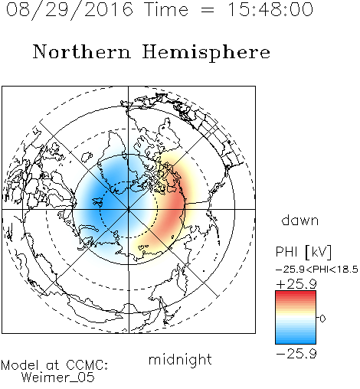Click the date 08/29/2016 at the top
coord(70,10)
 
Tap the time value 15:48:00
coord(270,9)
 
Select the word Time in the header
coord(166,9)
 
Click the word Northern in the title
coord(82,52)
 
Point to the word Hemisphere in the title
coord(206,53)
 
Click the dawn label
coord(300,220)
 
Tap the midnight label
coord(180,359)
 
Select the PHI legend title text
coord(286,252)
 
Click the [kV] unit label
coord(318,252)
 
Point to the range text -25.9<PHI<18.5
coord(316,270)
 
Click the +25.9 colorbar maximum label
coord(296,284)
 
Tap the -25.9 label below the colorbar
coord(296,354)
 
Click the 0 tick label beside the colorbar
coord(322,319)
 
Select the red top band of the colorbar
coord(296,293)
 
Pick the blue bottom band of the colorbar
coord(296,340)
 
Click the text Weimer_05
coord(58,377)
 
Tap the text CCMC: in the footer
coord(87,365)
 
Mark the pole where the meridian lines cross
coord(129,209)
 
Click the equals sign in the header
coord(208,10)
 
